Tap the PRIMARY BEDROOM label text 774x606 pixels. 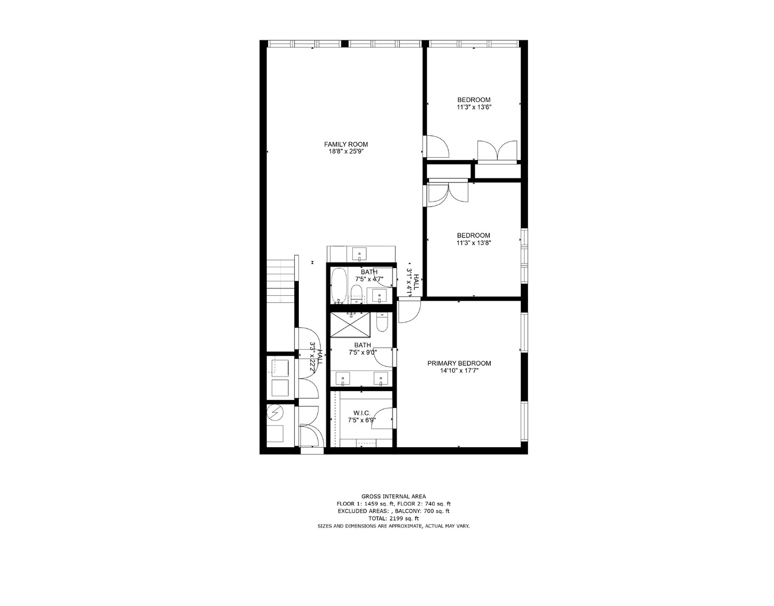[459, 363]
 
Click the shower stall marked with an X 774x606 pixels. [350, 324]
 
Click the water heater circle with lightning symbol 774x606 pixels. [275, 414]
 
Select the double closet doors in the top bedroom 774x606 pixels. [497, 150]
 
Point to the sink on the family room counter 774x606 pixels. [359, 255]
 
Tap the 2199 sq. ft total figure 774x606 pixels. [393, 518]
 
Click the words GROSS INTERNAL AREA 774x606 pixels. [393, 496]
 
